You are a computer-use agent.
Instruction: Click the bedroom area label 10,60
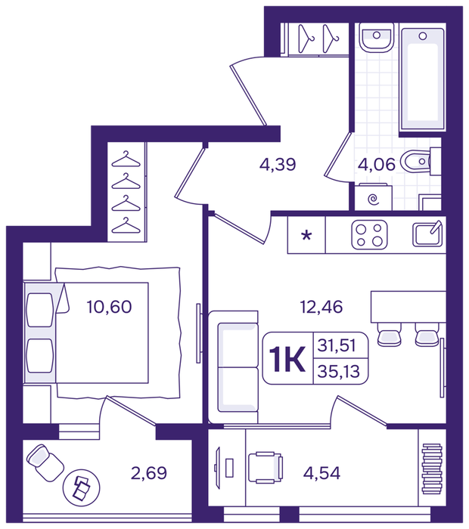click(x=109, y=307)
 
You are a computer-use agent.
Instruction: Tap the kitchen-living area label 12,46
click(x=321, y=307)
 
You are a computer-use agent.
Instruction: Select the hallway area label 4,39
click(x=278, y=164)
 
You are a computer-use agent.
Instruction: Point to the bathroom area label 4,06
click(x=377, y=165)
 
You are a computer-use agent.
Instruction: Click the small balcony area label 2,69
click(x=149, y=473)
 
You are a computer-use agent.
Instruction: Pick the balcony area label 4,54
click(x=321, y=473)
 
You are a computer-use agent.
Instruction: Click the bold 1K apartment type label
click(x=287, y=359)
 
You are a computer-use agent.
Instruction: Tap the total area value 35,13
click(x=339, y=372)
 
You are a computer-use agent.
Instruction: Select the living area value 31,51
click(x=337, y=345)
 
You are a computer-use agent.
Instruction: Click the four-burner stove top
click(x=369, y=235)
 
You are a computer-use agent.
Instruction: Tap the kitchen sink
click(x=427, y=234)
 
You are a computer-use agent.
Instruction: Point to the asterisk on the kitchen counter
click(x=306, y=235)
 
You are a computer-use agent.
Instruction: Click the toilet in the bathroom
click(x=417, y=161)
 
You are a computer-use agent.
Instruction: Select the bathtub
click(x=422, y=79)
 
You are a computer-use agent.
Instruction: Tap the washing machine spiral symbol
click(x=373, y=200)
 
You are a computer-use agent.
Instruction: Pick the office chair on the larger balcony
click(x=266, y=467)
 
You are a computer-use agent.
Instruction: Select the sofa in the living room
click(x=233, y=367)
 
